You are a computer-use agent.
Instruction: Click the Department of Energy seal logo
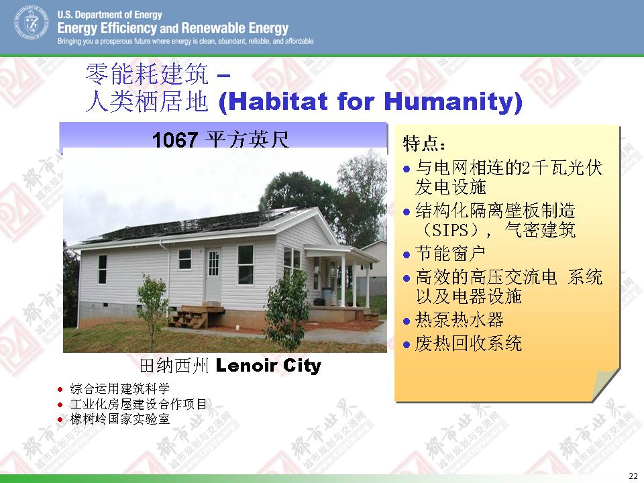click(32, 23)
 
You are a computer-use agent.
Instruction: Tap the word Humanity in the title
click(449, 102)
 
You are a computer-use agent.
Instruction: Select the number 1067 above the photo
click(175, 140)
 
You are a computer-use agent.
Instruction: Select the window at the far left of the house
click(102, 269)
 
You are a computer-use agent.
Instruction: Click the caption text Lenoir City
click(268, 365)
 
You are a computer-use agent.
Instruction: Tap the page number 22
click(633, 476)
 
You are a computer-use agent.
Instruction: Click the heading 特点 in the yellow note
click(423, 144)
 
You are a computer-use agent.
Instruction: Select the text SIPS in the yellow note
click(451, 230)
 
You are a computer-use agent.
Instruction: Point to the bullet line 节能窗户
click(449, 254)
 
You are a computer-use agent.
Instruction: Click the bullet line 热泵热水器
click(459, 320)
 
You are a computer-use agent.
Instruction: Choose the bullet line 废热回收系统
click(468, 343)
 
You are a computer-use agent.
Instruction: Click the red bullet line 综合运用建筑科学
click(119, 388)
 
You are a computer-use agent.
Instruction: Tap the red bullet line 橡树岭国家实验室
click(119, 419)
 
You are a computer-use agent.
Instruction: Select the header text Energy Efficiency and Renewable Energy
click(173, 28)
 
